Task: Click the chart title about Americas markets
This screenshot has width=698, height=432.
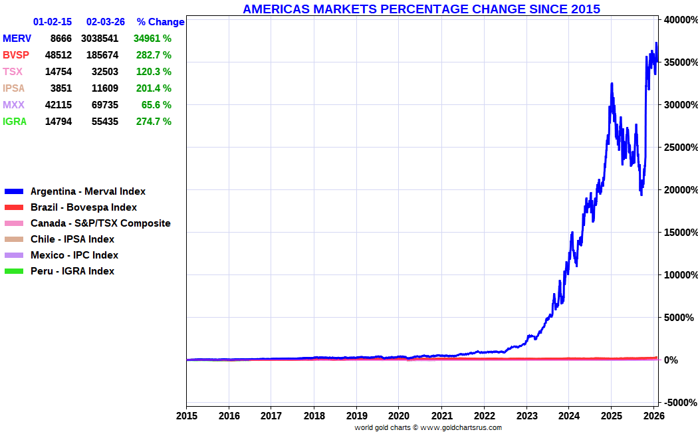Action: click(x=421, y=9)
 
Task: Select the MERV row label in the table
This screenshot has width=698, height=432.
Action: click(x=17, y=39)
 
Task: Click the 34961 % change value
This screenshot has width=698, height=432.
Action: click(x=152, y=39)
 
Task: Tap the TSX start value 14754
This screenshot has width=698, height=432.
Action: click(x=58, y=72)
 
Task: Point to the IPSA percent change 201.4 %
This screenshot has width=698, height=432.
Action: click(x=154, y=88)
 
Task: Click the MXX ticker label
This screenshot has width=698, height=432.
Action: click(x=13, y=105)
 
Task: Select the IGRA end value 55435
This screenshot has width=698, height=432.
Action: click(x=105, y=122)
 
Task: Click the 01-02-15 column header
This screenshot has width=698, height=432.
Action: click(x=53, y=22)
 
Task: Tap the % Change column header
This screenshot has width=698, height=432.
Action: click(x=160, y=22)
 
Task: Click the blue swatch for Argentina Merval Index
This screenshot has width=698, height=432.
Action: click(x=14, y=191)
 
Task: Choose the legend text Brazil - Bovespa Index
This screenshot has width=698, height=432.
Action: click(x=84, y=207)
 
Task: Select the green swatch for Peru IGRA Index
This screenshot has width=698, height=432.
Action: click(x=14, y=271)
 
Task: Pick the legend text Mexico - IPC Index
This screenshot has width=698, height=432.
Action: click(x=74, y=255)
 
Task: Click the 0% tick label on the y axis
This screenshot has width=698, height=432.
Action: click(x=671, y=360)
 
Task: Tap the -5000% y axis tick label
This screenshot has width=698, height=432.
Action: click(x=681, y=403)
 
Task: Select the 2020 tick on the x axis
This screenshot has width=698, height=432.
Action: click(x=399, y=416)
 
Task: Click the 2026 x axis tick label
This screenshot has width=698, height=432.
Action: click(x=654, y=416)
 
